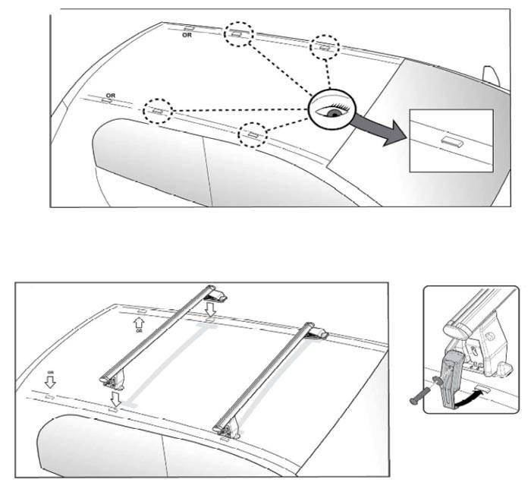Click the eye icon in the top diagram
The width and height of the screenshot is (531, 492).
(331, 111)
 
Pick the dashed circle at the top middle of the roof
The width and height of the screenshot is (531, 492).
(239, 35)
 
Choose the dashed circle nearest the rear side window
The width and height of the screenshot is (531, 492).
(159, 112)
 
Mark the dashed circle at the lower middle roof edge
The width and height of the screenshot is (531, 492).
(253, 134)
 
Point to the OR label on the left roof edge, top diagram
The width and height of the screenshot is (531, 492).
(111, 96)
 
